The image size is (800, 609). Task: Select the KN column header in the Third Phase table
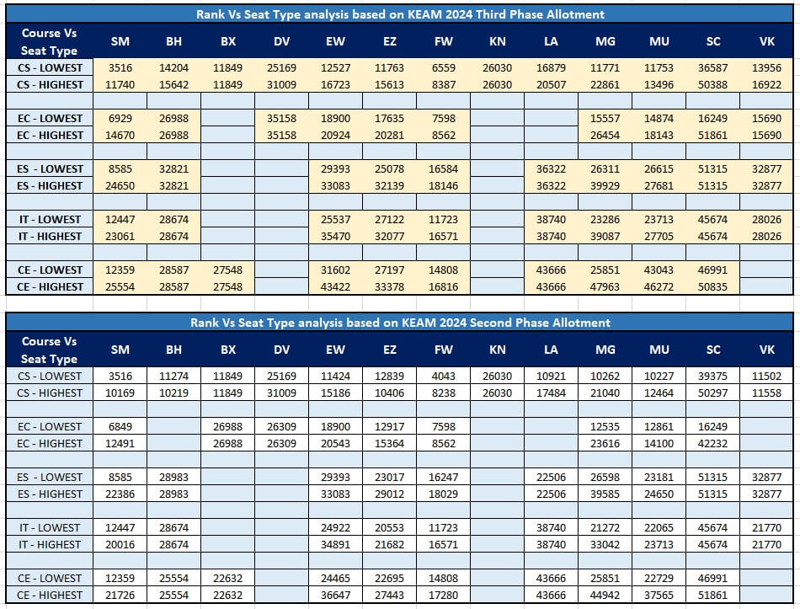(498, 41)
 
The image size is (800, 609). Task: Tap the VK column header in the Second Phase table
(767, 350)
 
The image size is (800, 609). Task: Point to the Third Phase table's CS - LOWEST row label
(50, 68)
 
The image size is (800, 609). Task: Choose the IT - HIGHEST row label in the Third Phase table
(50, 237)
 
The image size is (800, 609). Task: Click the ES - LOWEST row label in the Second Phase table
(50, 478)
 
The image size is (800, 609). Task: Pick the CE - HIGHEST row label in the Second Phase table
(50, 596)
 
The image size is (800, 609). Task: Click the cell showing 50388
(712, 85)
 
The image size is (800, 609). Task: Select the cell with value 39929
(605, 186)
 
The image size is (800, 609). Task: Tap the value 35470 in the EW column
(336, 237)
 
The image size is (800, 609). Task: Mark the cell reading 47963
(605, 287)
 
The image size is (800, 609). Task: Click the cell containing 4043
(443, 377)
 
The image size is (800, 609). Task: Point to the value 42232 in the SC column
(712, 444)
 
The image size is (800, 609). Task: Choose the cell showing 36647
(336, 596)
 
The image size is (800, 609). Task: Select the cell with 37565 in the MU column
(659, 596)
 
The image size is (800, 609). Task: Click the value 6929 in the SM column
(120, 119)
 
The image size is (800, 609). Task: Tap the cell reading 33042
(605, 545)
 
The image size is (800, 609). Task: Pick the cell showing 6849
(120, 427)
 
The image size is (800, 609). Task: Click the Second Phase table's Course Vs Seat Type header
(50, 350)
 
